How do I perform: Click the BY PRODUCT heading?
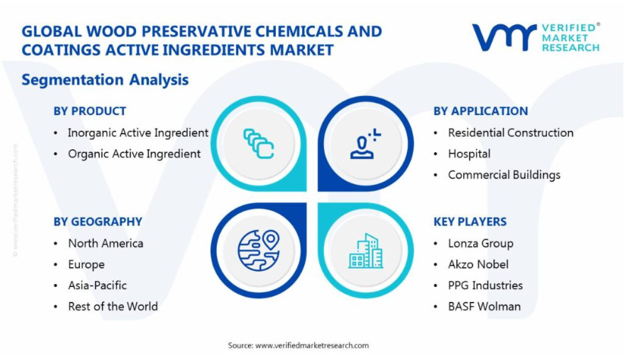coord(90,111)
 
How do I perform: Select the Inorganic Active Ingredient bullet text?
coord(138,133)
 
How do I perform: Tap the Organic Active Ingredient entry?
coord(134,154)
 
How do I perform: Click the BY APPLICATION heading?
coord(481,111)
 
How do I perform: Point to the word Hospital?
coord(469,154)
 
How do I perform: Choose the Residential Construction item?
coord(510,133)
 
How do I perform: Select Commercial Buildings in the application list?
coord(504,175)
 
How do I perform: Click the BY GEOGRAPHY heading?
coord(98,221)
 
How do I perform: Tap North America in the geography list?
coord(106,244)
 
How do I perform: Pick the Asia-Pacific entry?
coord(97,285)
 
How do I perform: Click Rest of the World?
coord(113,307)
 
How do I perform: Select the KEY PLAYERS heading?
coord(470,221)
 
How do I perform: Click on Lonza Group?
coord(481,244)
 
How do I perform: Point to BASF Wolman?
coord(484,307)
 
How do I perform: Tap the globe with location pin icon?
coord(259,250)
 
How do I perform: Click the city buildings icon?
coord(366,251)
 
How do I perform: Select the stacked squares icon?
coord(259,144)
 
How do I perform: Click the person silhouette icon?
coord(365,144)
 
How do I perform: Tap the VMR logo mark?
coord(504,37)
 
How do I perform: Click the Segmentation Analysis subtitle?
coord(105,80)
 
